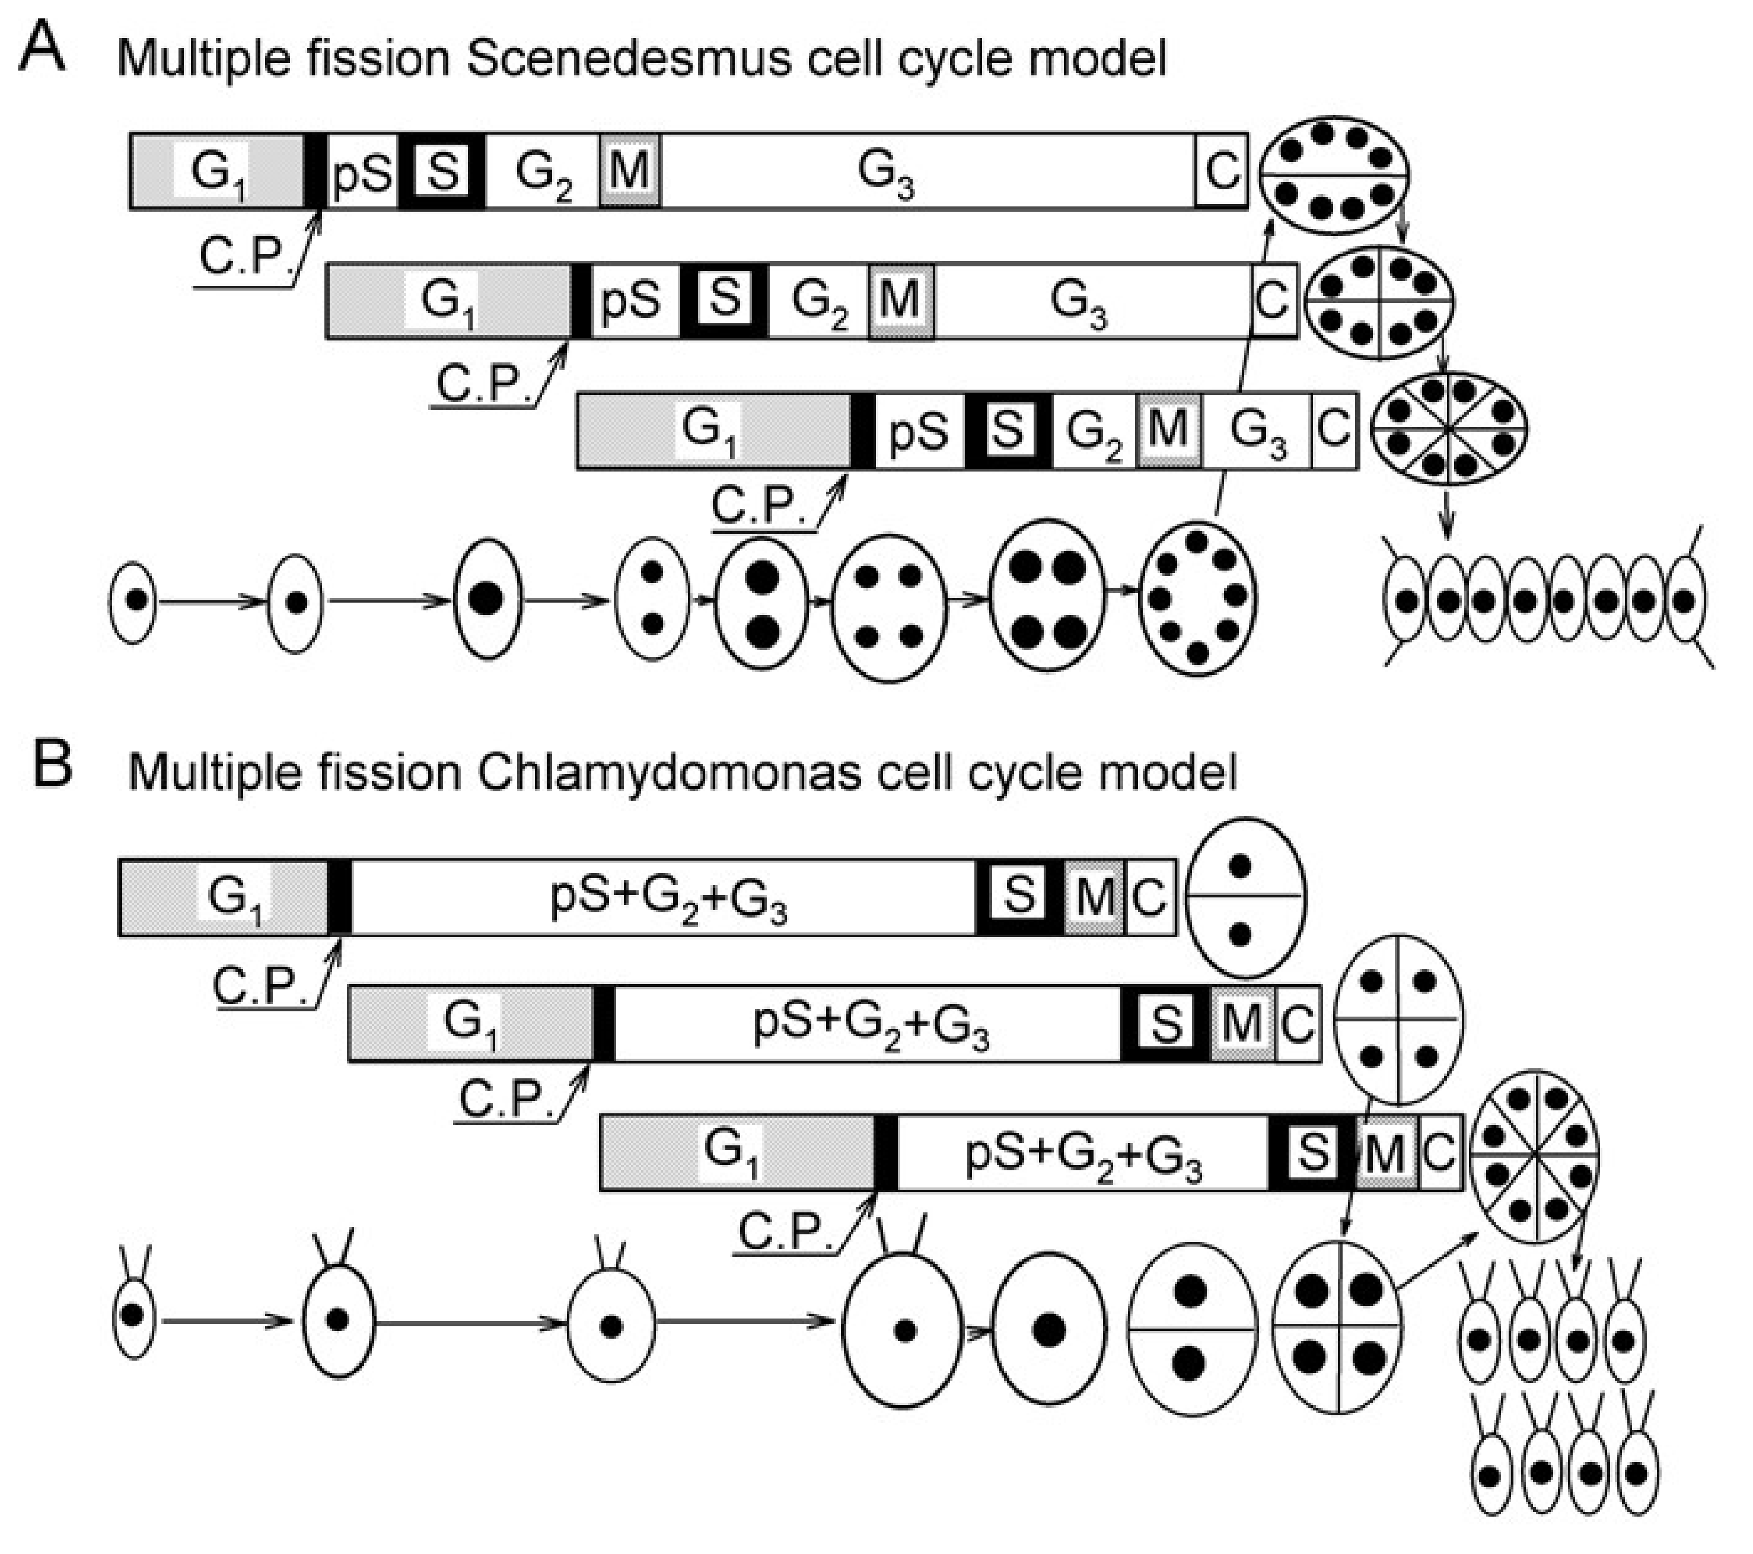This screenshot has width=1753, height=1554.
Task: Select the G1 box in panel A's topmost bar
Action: [216, 171]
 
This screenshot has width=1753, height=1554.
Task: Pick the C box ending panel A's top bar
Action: [1221, 171]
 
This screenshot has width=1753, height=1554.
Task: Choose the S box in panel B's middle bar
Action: [1165, 1023]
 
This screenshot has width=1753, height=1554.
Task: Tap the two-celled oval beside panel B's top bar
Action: [1245, 897]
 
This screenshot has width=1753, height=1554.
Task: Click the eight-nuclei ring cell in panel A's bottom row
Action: [1197, 598]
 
